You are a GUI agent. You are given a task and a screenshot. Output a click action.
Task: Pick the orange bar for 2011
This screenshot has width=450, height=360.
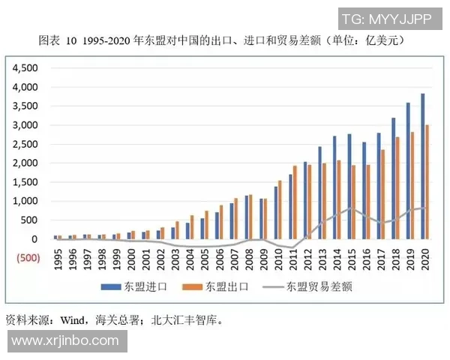tap(295, 202)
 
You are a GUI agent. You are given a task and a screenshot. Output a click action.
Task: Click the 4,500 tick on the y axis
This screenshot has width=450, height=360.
tap(25, 67)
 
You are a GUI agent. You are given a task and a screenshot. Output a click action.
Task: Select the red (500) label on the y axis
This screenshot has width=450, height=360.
tap(23, 258)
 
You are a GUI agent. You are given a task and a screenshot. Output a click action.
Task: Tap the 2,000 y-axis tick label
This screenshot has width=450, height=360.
tap(25, 163)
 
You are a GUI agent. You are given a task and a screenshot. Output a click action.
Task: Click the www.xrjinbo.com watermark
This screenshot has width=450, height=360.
tap(65, 341)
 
